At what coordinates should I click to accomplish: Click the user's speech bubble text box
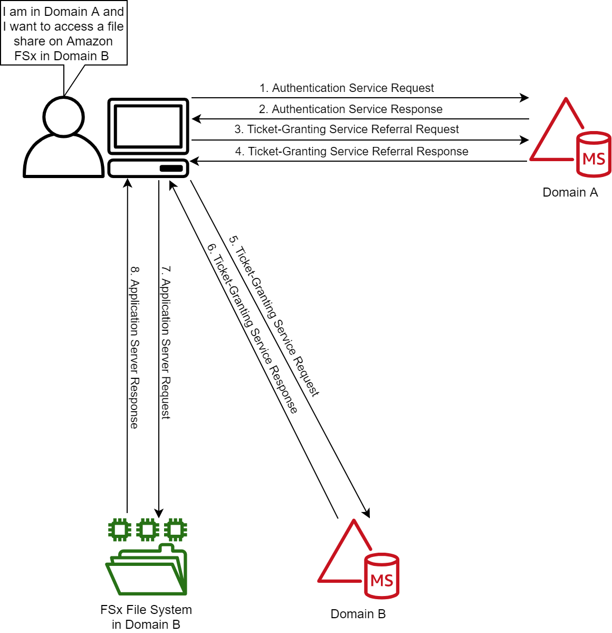(x=63, y=33)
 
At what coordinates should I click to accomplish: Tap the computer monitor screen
(x=148, y=126)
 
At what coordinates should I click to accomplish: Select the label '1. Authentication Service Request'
(x=347, y=88)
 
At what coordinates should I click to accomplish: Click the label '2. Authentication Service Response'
(x=350, y=109)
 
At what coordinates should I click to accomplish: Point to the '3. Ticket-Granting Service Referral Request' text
(x=347, y=129)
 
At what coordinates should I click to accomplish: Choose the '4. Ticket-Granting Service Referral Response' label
(x=351, y=152)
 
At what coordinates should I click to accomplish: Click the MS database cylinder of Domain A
(x=594, y=154)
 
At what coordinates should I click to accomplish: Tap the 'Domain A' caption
(x=570, y=192)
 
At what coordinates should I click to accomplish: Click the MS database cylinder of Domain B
(x=381, y=576)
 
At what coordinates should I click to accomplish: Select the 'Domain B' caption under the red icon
(x=358, y=614)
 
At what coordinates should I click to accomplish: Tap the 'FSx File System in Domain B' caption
(x=146, y=617)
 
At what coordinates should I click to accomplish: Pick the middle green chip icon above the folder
(x=148, y=529)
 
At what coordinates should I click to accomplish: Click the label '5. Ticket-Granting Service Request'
(x=274, y=315)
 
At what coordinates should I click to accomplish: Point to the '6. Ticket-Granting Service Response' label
(x=252, y=328)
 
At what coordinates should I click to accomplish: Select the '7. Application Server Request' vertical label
(x=166, y=342)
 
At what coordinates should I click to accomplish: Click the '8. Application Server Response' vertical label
(x=135, y=347)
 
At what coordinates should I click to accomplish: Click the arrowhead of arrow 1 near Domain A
(x=524, y=98)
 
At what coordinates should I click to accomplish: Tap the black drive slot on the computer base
(x=171, y=169)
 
